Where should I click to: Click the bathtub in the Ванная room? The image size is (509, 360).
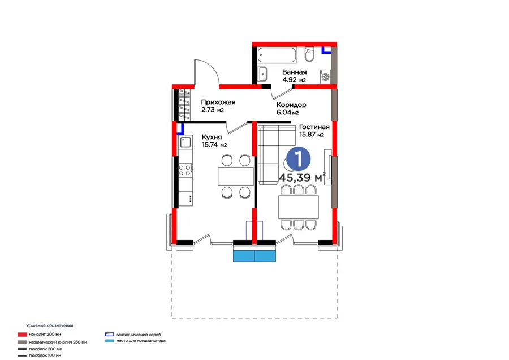coord(277,55)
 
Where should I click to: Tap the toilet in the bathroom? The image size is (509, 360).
coord(309,54)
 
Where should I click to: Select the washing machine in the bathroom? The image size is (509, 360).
coord(326,76)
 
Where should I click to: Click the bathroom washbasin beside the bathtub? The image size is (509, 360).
coord(262,74)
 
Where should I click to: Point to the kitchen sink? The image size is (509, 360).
coord(186,142)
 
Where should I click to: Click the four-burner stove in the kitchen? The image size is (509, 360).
coord(185,170)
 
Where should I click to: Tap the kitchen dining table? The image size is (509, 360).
coord(236,176)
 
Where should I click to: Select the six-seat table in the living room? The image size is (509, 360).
coord(299,207)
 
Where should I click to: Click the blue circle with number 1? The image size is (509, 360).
coord(298,159)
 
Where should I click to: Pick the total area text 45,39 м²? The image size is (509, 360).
coord(302,177)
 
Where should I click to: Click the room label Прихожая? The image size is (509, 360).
coord(218,102)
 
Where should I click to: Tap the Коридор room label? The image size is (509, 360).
coord(291,105)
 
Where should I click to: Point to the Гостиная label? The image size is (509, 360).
coord(314,127)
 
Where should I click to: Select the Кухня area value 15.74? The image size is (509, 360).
coord(210,145)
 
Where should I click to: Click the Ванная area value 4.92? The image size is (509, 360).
coord(290,80)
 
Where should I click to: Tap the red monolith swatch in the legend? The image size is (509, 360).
coord(23,335)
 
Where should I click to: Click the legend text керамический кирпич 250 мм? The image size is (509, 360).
coord(58,342)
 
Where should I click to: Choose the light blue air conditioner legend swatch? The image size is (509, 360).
coord(110,341)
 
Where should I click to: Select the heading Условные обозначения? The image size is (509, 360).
coord(50,325)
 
